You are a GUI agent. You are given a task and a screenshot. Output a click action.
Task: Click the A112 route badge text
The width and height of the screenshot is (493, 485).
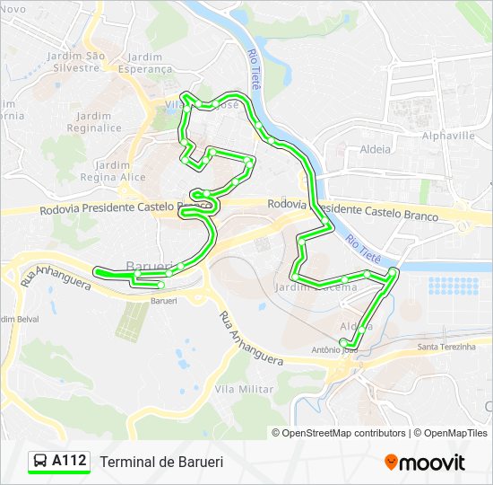(x=69, y=462)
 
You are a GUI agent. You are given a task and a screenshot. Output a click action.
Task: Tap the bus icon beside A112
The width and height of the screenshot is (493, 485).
(x=40, y=462)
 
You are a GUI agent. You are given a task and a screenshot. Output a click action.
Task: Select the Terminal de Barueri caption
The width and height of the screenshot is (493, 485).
(x=161, y=462)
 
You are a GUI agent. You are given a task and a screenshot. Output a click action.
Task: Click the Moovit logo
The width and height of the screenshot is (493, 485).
(x=425, y=463)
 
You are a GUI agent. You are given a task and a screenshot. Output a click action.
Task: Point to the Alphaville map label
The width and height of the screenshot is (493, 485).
(x=448, y=136)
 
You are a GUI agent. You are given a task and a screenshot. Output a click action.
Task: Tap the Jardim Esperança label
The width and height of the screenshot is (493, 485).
(x=145, y=62)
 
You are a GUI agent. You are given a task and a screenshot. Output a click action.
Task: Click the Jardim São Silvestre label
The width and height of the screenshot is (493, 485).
(x=76, y=61)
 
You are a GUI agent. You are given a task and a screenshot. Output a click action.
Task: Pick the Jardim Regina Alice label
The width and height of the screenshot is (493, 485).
(x=113, y=171)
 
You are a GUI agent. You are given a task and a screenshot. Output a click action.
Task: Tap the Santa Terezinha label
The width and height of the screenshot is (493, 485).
(x=446, y=347)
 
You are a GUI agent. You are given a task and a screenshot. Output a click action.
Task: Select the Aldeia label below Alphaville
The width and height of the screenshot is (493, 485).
(x=375, y=149)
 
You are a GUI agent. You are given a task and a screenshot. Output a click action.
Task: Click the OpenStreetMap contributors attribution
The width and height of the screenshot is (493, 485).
(x=343, y=433)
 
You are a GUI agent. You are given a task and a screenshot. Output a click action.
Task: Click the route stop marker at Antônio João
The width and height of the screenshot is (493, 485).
(x=344, y=341)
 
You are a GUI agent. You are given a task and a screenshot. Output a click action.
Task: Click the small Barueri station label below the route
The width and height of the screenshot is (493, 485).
(x=164, y=302)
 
